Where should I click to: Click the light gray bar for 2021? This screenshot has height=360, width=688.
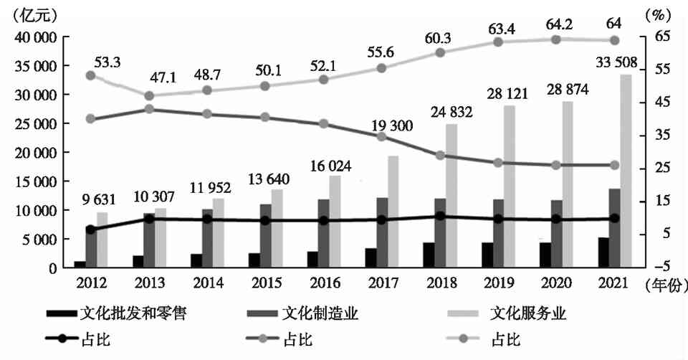click(x=626, y=172)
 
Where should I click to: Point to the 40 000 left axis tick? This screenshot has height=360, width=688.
click(x=36, y=37)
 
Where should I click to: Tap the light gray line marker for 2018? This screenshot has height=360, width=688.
click(x=440, y=52)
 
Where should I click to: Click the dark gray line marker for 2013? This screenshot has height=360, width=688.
click(x=149, y=109)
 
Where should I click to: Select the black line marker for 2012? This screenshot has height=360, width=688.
click(x=90, y=229)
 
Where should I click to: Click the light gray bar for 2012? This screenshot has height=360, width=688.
click(x=102, y=240)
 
